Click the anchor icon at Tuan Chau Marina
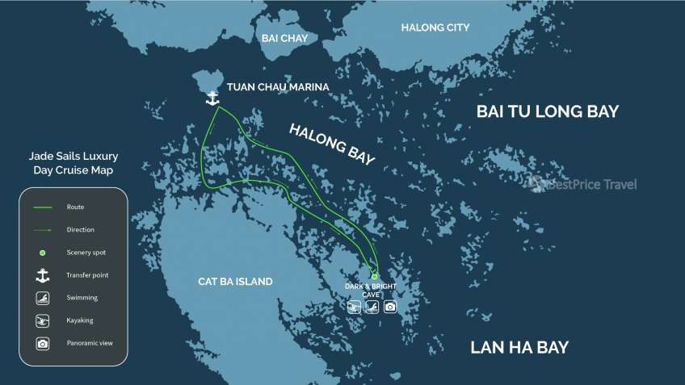pyautogui.click(x=212, y=98)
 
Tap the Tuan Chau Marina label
pyautogui.click(x=278, y=87)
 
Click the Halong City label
pyautogui.click(x=435, y=28)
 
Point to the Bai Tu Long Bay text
pyautogui.click(x=548, y=111)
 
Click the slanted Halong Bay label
pyautogui.click(x=332, y=144)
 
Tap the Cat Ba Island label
pyautogui.click(x=235, y=282)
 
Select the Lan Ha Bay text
pyautogui.click(x=519, y=348)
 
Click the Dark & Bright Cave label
pyautogui.click(x=372, y=291)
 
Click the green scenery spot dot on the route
pyautogui.click(x=374, y=277)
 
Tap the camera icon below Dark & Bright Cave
pyautogui.click(x=390, y=307)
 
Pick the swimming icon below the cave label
pyautogui.click(x=354, y=307)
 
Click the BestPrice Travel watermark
pyautogui.click(x=583, y=185)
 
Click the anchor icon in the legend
pyautogui.click(x=43, y=275)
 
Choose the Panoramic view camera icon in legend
pyautogui.click(x=43, y=343)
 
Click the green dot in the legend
pyautogui.click(x=43, y=253)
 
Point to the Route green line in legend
pyautogui.click(x=43, y=207)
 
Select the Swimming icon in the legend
pyautogui.click(x=43, y=298)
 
